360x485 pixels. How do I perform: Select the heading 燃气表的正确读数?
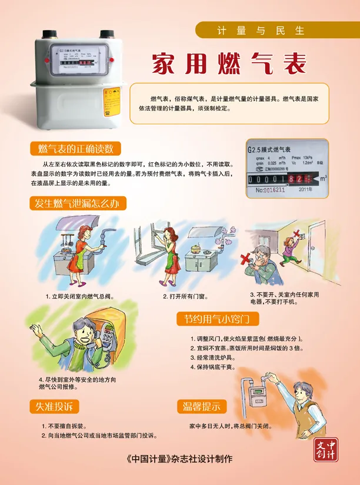[x=79, y=148]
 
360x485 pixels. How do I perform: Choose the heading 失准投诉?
[x=54, y=406]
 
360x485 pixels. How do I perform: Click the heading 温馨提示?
[x=202, y=406]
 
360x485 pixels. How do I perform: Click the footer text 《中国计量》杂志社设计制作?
[x=179, y=458]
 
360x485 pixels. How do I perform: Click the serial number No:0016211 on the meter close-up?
[x=265, y=190]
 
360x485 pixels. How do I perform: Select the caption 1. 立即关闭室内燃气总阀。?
[x=79, y=296]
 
